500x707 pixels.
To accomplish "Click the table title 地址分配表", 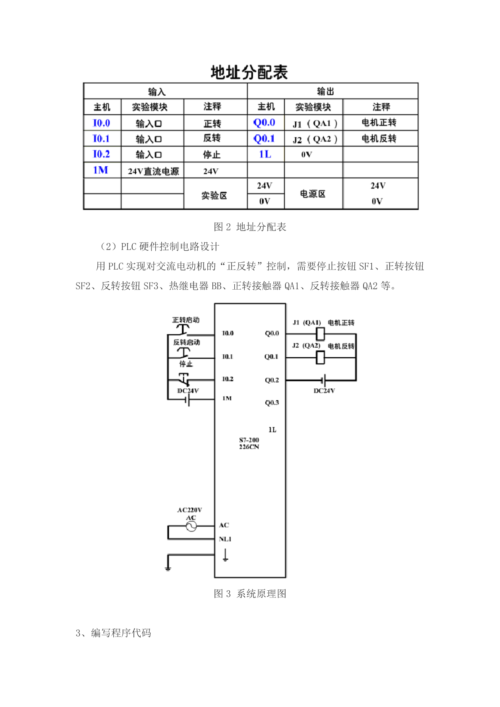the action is (249, 72).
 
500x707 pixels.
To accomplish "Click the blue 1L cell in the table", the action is (265, 154).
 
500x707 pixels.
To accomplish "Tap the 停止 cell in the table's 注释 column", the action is (212, 154).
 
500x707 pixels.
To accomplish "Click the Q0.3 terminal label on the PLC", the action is (272, 403).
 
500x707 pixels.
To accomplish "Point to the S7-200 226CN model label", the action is (249, 443).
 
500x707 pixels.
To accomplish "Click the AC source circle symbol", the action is (191, 526).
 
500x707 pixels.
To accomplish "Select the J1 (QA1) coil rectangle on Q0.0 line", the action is (320, 334).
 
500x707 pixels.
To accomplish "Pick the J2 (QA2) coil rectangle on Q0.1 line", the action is (320, 358).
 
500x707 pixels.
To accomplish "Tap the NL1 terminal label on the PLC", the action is (225, 539).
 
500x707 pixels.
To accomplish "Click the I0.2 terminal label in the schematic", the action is (228, 379).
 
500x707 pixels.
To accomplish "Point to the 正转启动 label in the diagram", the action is (186, 320).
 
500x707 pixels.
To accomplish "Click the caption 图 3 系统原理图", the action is (250, 594).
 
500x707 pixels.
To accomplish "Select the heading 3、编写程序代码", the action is (113, 633).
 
